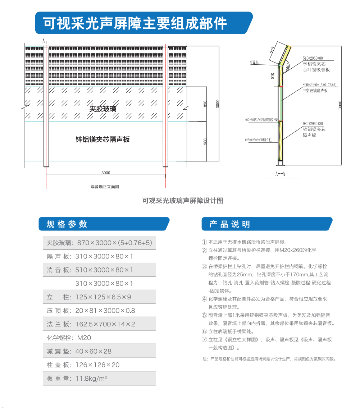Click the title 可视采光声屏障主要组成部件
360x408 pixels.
pos(135,23)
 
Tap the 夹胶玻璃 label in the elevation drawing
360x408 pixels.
pos(103,109)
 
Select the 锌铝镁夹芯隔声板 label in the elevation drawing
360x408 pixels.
pos(102,139)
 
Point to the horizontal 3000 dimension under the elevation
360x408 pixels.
pos(106,173)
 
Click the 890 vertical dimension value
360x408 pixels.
pos(205,104)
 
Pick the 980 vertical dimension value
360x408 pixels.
pos(205,142)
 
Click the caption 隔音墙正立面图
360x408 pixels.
pos(105,187)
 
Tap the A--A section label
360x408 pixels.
pos(280,174)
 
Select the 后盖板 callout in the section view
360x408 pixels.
pos(254,62)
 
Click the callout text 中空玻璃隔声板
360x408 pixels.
pos(315,91)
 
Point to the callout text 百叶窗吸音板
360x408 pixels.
pos(316,70)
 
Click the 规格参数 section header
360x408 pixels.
pos(67,224)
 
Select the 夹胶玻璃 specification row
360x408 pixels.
pos(100,243)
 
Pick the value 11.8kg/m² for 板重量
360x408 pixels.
pos(92,379)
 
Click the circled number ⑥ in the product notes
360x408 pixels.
pos(204,331)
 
